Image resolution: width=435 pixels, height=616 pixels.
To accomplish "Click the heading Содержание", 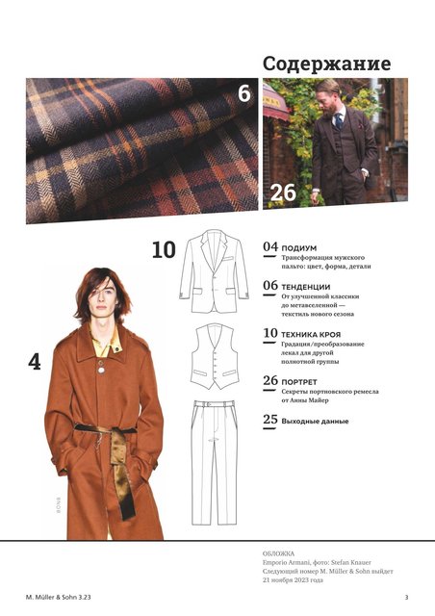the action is click(x=327, y=64).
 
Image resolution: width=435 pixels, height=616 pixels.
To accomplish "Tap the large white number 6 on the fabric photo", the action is click(x=244, y=93).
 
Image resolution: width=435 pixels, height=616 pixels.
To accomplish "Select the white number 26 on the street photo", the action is click(x=283, y=192).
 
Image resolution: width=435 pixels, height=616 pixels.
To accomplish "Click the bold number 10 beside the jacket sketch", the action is click(x=164, y=250).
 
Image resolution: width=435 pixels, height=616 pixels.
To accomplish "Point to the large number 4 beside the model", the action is click(x=35, y=362).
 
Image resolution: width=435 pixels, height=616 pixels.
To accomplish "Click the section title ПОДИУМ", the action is click(x=299, y=248).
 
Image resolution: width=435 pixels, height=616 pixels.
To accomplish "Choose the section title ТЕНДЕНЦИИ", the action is click(x=306, y=287).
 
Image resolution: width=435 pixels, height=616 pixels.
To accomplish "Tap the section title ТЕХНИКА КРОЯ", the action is click(x=311, y=335).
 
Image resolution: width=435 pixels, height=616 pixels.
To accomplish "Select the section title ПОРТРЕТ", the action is click(x=299, y=382).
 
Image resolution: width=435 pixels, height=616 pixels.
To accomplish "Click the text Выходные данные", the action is click(x=315, y=422).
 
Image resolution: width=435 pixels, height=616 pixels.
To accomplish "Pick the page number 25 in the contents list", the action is click(x=270, y=420).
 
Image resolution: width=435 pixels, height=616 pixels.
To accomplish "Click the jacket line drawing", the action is click(x=215, y=270).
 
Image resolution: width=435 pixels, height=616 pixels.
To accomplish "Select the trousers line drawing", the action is click(x=215, y=462).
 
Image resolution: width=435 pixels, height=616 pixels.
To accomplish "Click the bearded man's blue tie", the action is click(x=339, y=120).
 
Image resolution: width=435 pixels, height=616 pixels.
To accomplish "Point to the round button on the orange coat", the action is click(x=101, y=370).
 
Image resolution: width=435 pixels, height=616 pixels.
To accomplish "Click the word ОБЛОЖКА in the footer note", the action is click(x=278, y=554).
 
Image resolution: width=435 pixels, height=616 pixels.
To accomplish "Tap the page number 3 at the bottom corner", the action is click(x=407, y=597).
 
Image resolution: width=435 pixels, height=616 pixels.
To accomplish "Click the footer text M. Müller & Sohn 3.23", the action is click(x=58, y=597).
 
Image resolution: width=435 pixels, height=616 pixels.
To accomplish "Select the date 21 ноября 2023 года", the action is click(x=293, y=579).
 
